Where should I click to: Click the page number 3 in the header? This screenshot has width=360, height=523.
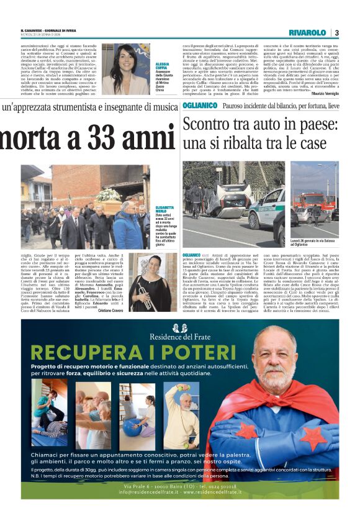tap(336, 32)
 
